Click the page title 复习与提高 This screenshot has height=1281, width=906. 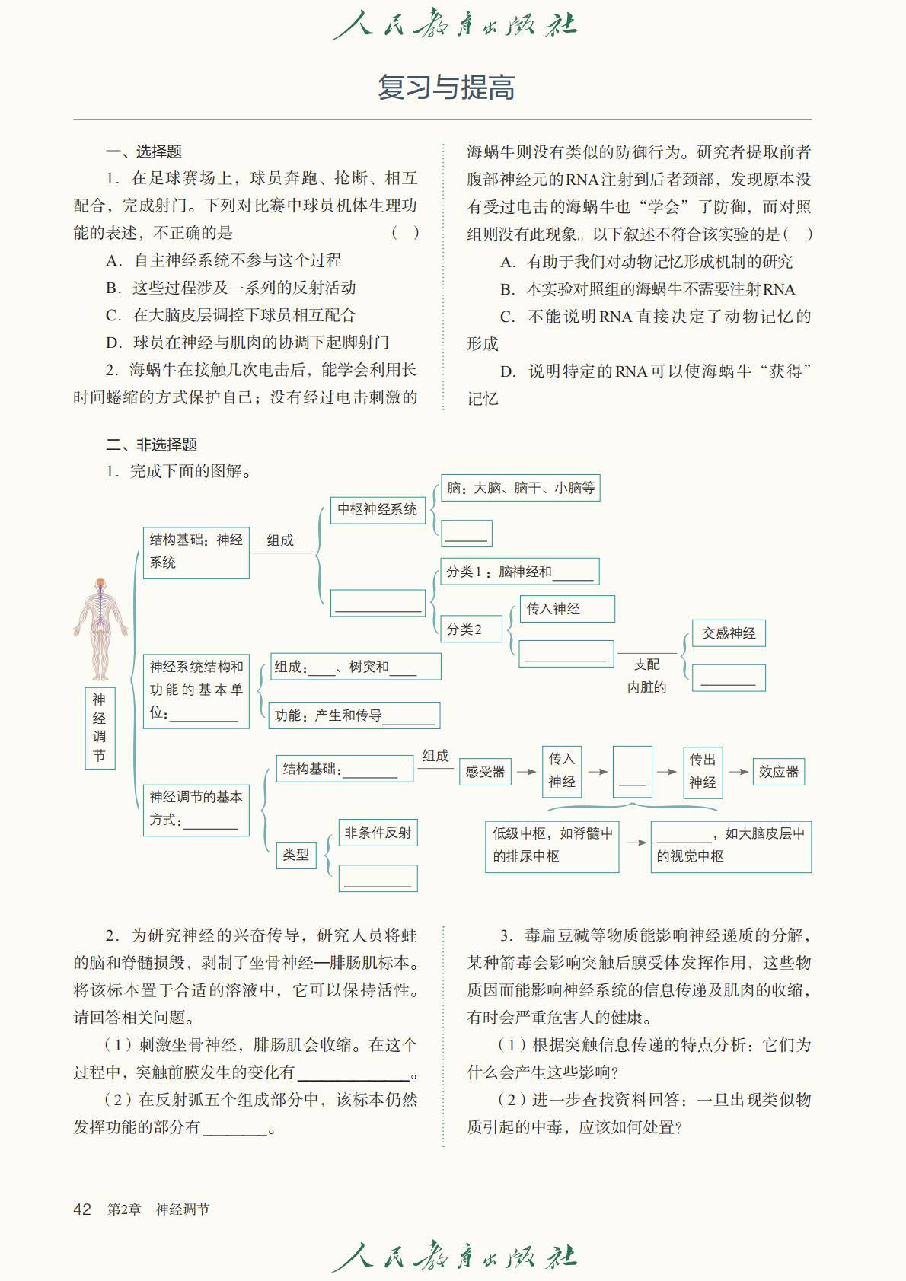pyautogui.click(x=446, y=88)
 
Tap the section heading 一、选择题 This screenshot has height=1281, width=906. pyautogui.click(x=143, y=151)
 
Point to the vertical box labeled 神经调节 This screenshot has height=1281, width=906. pyautogui.click(x=100, y=727)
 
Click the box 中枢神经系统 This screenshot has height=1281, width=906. pyautogui.click(x=377, y=509)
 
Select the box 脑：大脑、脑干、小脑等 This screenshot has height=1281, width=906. pyautogui.click(x=521, y=488)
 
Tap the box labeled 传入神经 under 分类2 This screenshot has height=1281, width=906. pyautogui.click(x=566, y=609)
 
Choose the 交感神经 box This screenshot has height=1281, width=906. pyautogui.click(x=729, y=633)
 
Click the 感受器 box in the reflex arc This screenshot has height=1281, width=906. pyautogui.click(x=485, y=772)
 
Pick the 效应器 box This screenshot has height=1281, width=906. pyautogui.click(x=778, y=772)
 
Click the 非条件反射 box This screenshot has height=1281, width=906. pyautogui.click(x=378, y=833)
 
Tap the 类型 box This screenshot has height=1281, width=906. pyautogui.click(x=295, y=855)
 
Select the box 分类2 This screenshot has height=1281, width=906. pyautogui.click(x=471, y=629)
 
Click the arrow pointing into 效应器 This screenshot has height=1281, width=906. pyautogui.click(x=738, y=772)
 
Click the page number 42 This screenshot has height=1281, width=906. pyautogui.click(x=82, y=1209)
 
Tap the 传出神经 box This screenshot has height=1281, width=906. pyautogui.click(x=702, y=771)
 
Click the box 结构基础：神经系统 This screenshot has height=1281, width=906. pyautogui.click(x=196, y=552)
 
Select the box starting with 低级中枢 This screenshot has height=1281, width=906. pyautogui.click(x=552, y=846)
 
